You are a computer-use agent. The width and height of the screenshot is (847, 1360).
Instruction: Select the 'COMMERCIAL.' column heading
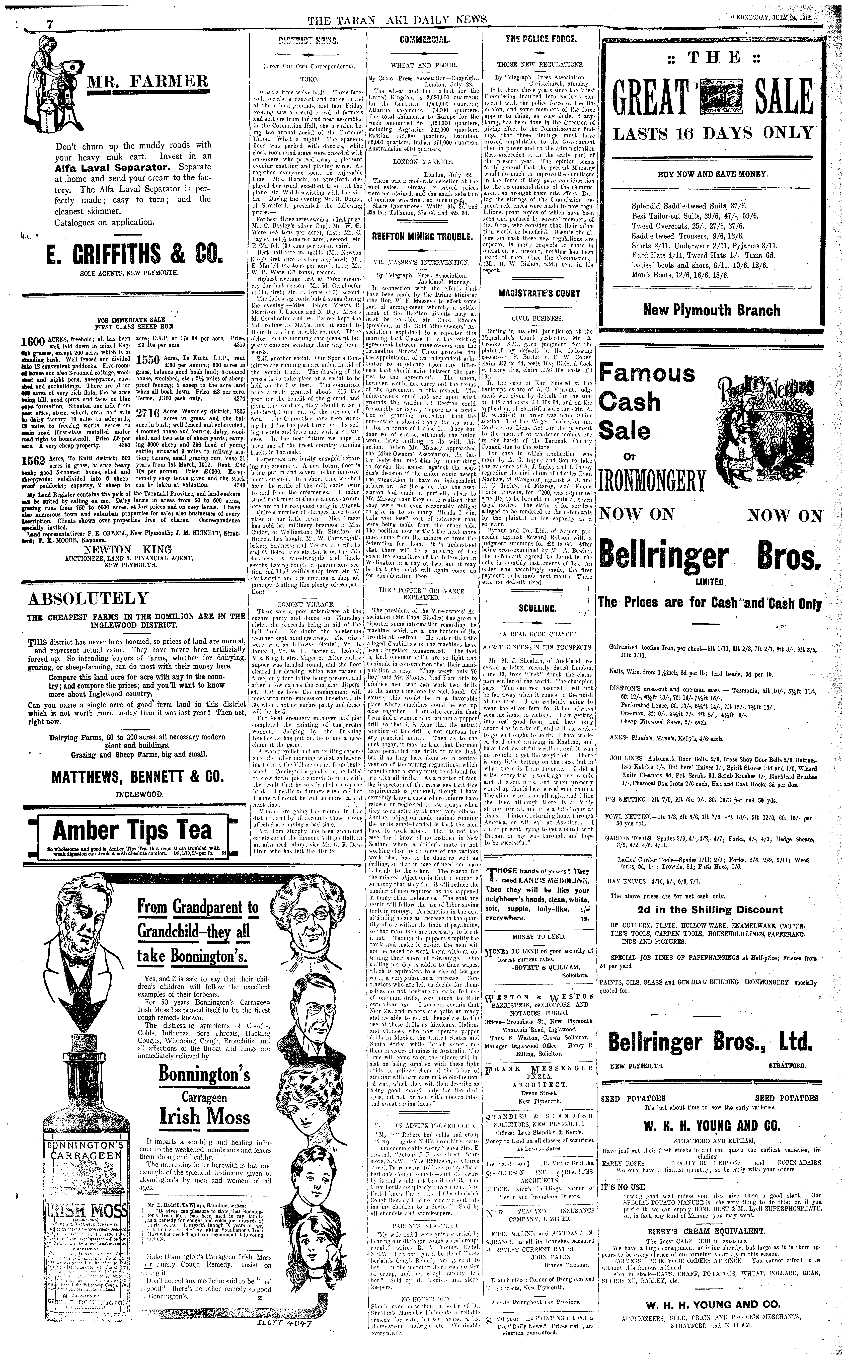424,40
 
